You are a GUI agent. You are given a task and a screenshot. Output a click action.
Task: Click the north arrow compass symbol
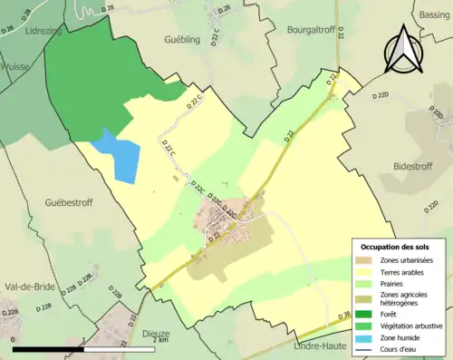[403, 49]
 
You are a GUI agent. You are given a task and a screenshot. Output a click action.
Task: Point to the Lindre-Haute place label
[321, 345]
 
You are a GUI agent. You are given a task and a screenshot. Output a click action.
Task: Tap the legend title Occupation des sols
[395, 247]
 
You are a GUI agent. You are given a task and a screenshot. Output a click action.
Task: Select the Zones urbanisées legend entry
[406, 260]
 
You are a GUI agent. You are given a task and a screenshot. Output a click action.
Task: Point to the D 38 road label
[344, 316]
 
